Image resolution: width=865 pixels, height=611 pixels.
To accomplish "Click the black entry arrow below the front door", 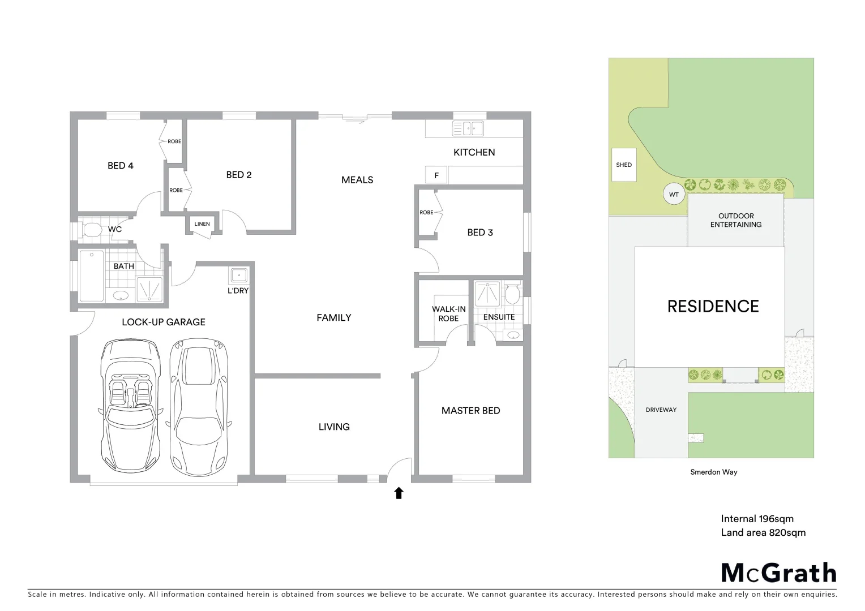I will coord(399,493).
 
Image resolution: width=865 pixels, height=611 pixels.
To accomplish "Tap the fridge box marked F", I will coord(436,175).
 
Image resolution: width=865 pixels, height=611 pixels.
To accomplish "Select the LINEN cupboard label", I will coord(202,224).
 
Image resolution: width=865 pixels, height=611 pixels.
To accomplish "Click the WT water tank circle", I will coord(674,195).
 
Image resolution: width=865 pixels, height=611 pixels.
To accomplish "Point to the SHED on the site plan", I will coord(624,165).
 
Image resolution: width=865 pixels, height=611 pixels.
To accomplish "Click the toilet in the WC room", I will coord(91,230).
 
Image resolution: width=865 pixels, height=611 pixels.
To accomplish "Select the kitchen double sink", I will coord(468,128).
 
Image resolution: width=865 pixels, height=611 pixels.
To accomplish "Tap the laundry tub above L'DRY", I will coord(238,276).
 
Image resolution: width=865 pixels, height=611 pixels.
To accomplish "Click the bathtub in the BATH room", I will coord(91,277).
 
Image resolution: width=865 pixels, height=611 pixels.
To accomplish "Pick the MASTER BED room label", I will coord(470,411).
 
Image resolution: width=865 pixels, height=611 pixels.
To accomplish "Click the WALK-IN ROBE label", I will coord(448,313).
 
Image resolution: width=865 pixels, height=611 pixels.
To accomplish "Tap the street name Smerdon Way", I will coord(713,472).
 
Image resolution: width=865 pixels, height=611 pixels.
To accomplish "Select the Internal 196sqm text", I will coord(757,519).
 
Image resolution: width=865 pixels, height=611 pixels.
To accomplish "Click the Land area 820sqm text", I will coord(763,532).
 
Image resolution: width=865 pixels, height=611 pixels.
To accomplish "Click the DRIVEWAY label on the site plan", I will coord(661,410).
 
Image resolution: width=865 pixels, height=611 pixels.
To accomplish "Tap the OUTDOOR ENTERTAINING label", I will coord(735,220).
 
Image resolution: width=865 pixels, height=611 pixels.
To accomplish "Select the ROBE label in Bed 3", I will coord(426,213).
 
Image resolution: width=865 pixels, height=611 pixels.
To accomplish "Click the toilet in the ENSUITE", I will coord(512,294).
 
